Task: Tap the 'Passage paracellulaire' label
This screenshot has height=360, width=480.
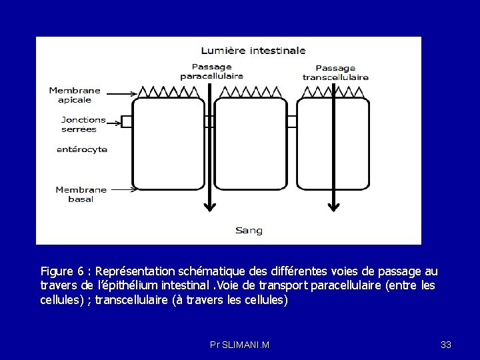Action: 211,71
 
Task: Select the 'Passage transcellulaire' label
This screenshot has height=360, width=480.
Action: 335,72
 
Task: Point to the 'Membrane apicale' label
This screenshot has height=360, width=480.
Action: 75,95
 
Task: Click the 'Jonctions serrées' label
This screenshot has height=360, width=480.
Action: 79,124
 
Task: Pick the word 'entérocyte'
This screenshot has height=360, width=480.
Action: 82,149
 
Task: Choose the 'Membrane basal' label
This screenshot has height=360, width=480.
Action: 81,194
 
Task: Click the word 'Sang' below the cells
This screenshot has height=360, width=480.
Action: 249,231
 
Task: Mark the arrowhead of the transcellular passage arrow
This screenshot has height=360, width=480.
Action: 333,206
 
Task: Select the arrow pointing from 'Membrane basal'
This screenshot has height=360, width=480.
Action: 123,190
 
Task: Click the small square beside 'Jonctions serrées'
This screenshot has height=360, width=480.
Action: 126,121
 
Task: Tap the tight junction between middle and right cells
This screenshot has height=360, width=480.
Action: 291,121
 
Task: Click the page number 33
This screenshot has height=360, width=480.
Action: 446,345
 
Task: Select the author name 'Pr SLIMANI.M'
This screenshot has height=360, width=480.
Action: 239,345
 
